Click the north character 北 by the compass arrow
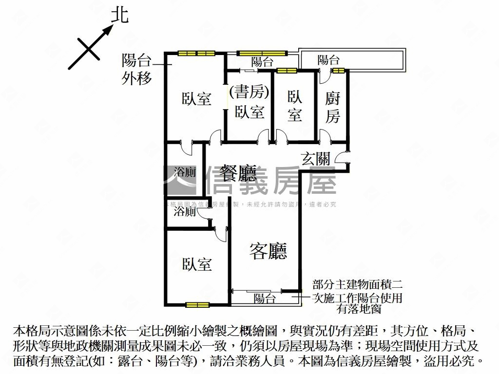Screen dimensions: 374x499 [119, 15]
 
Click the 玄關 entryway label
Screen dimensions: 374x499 [316, 158]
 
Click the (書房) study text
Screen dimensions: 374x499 [249, 92]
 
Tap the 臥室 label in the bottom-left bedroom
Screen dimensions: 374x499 [197, 264]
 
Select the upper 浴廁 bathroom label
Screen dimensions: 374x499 [185, 172]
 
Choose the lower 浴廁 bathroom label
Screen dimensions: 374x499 [185, 212]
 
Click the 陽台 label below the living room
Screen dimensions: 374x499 [265, 298]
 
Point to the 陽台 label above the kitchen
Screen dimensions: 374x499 [328, 60]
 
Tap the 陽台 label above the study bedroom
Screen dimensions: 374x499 [262, 62]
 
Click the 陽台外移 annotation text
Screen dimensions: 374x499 [136, 69]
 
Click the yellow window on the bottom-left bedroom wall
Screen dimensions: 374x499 [197, 305]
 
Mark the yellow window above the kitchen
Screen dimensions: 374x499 [339, 71]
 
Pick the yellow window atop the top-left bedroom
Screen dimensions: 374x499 [196, 53]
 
